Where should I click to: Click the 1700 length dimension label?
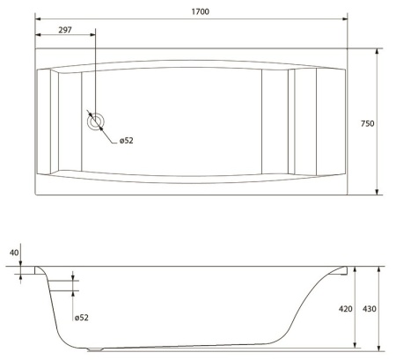(x=201, y=11)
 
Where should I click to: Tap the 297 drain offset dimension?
(x=65, y=30)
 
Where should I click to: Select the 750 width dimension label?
(x=368, y=123)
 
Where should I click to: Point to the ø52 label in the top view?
(x=127, y=141)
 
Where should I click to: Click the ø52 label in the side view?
(x=81, y=318)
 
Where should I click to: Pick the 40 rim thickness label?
(x=14, y=253)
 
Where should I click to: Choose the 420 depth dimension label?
(x=346, y=309)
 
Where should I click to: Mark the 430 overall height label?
(x=370, y=309)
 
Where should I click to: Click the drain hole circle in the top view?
(x=96, y=121)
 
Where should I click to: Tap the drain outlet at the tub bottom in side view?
(x=95, y=349)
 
